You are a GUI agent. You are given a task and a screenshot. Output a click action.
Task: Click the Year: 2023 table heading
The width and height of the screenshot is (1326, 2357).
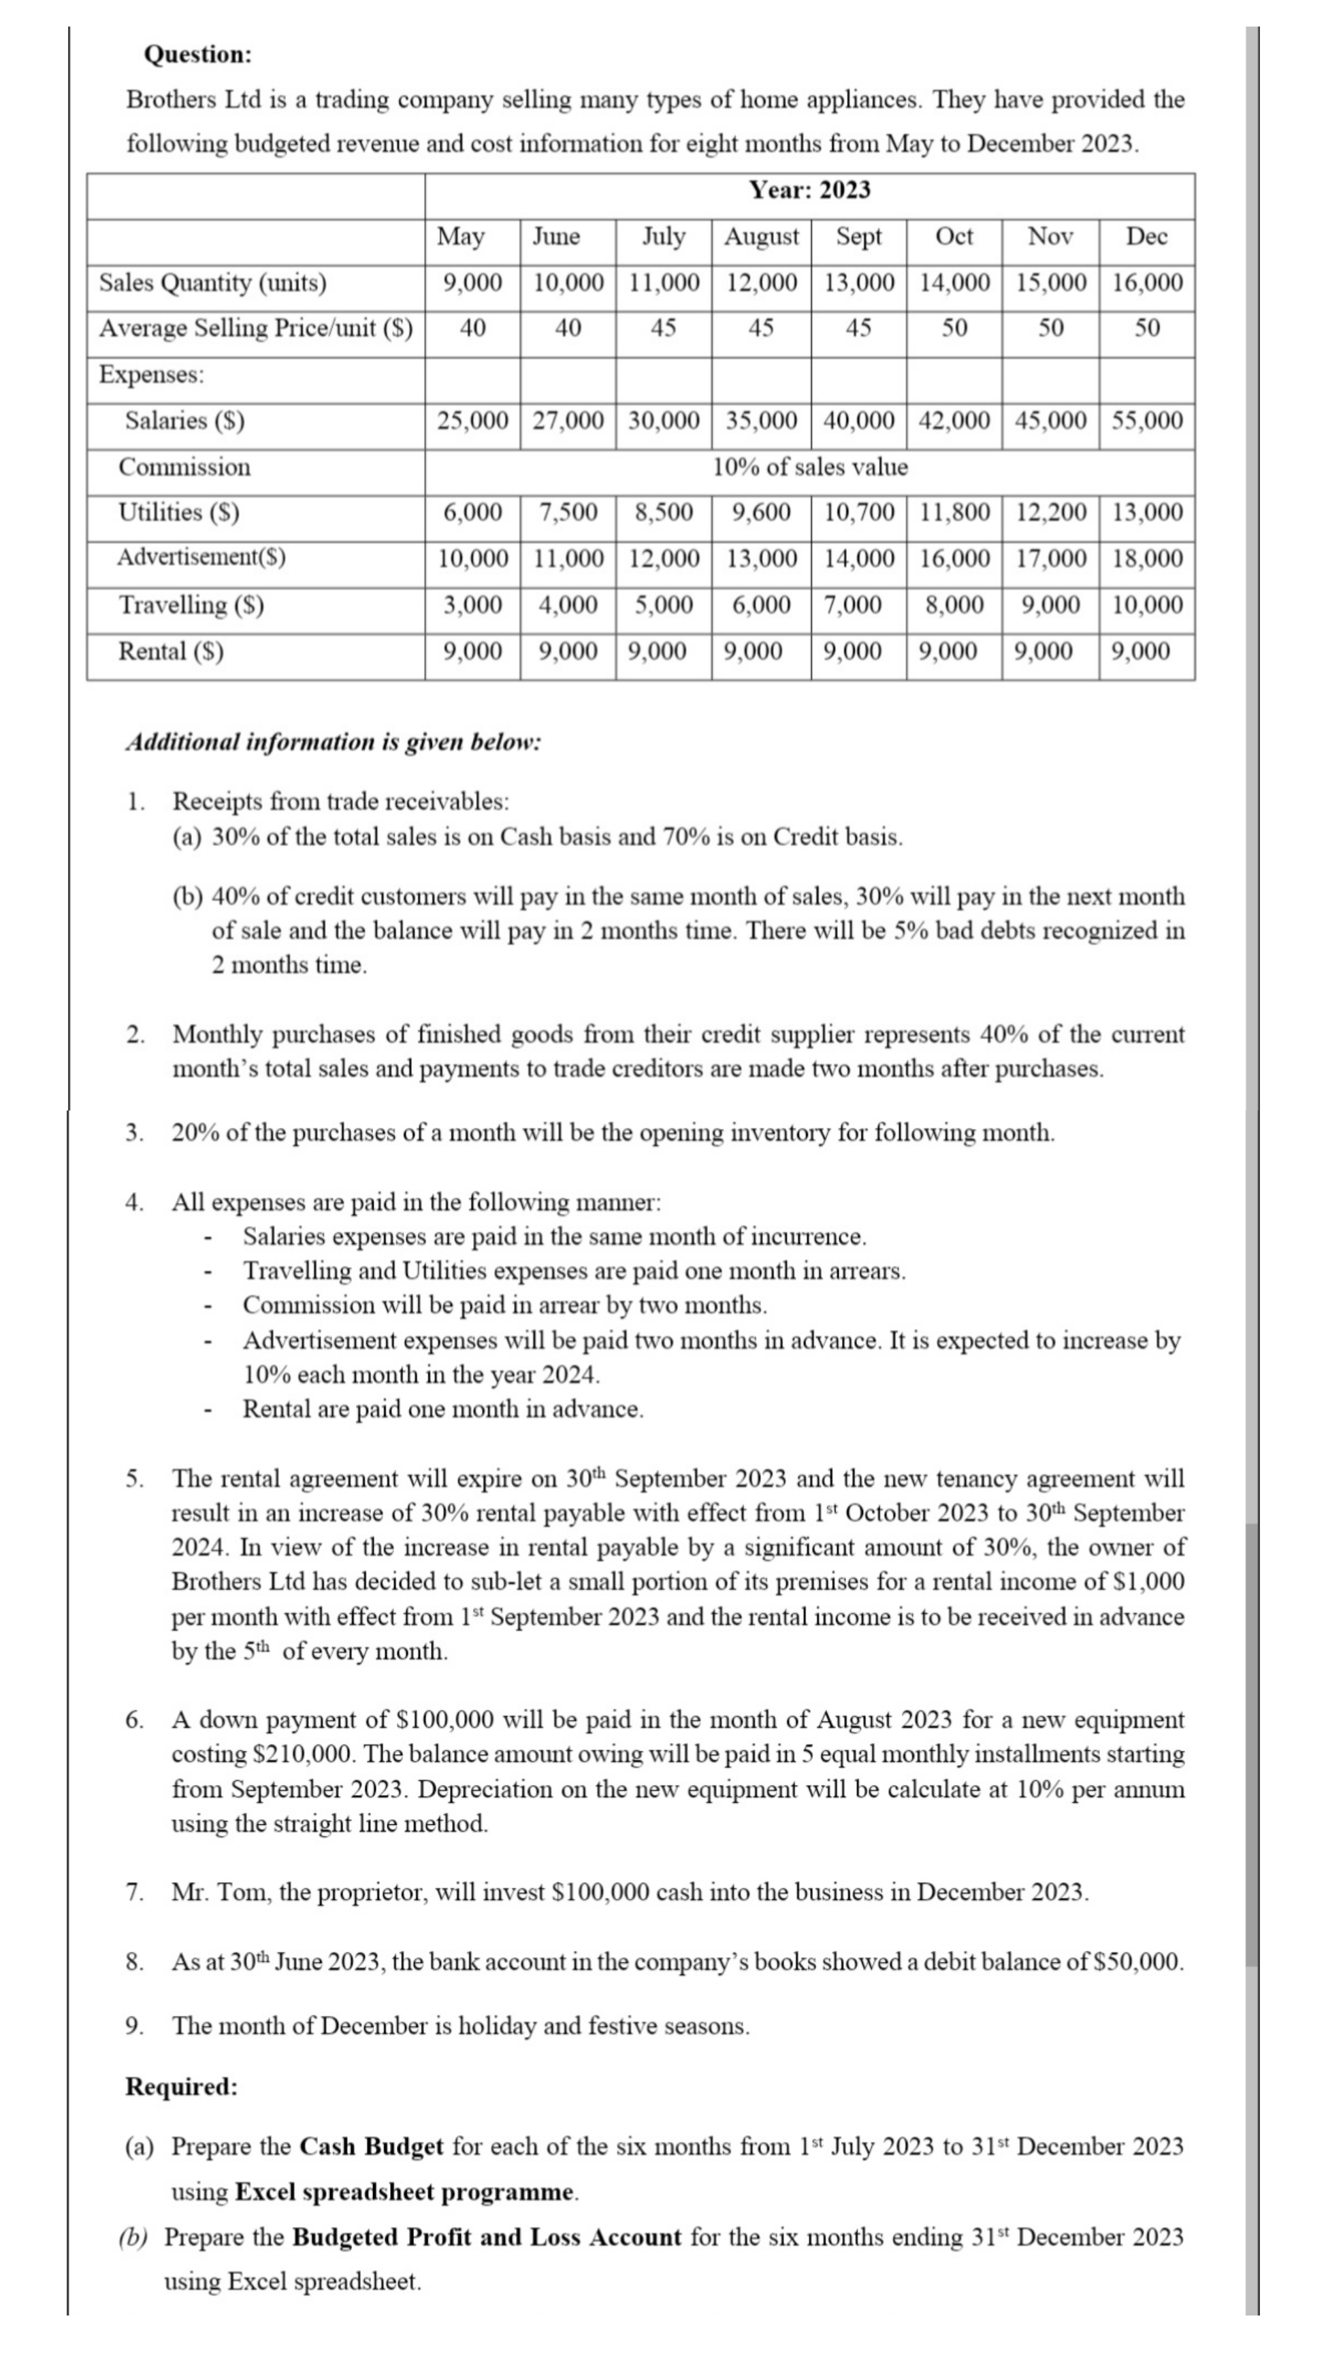tap(809, 191)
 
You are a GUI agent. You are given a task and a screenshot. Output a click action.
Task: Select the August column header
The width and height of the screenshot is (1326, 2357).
tap(762, 237)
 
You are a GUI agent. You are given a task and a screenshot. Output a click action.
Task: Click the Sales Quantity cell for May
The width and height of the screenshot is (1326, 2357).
tap(472, 283)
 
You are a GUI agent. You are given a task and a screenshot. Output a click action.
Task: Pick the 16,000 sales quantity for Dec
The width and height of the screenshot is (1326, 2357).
tap(1147, 283)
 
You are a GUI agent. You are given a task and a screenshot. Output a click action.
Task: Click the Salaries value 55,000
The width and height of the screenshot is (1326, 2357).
tap(1147, 421)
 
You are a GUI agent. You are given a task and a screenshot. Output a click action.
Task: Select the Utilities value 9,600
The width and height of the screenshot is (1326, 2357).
tap(762, 512)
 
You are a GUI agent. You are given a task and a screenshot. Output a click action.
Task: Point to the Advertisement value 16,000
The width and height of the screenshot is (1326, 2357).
tap(954, 558)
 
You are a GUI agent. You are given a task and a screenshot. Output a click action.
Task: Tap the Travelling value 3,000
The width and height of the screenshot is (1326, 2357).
tap(472, 605)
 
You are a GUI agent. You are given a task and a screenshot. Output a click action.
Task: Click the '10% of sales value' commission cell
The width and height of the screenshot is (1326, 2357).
tap(809, 467)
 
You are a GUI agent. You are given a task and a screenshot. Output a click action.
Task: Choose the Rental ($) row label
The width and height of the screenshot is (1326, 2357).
tap(171, 651)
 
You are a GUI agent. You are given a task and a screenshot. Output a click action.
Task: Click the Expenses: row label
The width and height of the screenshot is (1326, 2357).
tap(152, 374)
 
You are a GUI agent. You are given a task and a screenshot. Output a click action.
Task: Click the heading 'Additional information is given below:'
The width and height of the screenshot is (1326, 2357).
tap(333, 741)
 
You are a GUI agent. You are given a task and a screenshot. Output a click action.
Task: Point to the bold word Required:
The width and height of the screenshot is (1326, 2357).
tap(181, 2086)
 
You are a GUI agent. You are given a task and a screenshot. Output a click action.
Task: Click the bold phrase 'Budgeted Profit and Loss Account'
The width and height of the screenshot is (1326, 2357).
tap(487, 2237)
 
